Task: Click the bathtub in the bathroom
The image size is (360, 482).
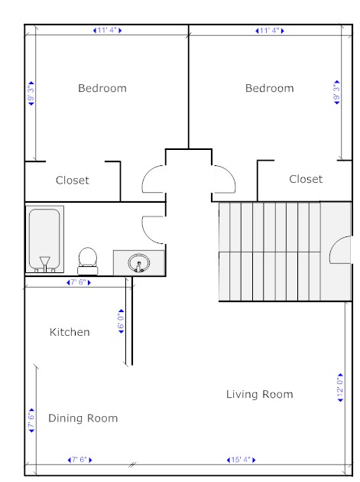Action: point(45,239)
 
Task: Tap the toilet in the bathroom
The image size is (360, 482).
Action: point(88,261)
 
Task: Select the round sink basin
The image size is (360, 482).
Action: point(139,263)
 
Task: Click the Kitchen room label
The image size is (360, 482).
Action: point(70,332)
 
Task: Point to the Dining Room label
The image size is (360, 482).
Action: point(83,418)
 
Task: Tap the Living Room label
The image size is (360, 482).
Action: point(260,394)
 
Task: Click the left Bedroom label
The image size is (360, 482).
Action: point(102,88)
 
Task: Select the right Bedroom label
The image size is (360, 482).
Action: point(269,88)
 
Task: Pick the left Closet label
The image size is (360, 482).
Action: point(72,180)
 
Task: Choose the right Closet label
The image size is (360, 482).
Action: point(306,179)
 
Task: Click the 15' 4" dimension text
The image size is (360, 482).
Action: point(241,460)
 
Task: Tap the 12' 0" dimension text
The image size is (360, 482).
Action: point(340,388)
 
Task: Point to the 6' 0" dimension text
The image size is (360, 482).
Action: point(122,321)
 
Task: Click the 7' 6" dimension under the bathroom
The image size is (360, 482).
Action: point(79,282)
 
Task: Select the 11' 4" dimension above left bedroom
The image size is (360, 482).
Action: point(107,31)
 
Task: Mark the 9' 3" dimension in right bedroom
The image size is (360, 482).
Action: point(337,93)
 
